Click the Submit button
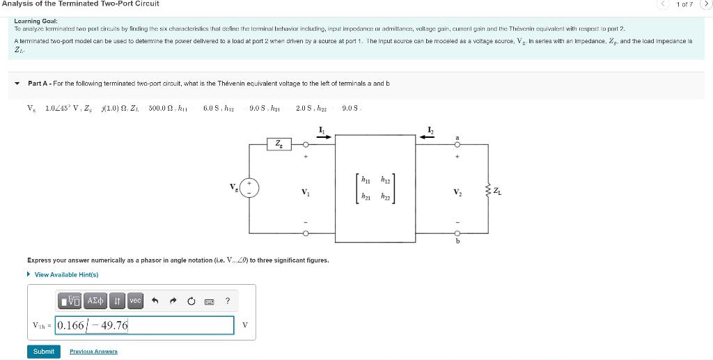(x=43, y=352)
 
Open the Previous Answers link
(x=93, y=352)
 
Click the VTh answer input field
(x=145, y=325)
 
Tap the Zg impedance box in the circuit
(x=279, y=144)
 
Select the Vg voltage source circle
(x=250, y=188)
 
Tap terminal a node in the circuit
(x=457, y=145)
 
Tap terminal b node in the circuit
(x=457, y=233)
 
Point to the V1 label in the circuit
(x=305, y=191)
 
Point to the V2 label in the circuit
(x=457, y=191)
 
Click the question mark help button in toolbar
(x=228, y=301)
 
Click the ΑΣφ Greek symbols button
(x=94, y=301)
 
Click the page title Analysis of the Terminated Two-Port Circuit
(x=80, y=4)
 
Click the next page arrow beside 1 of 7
(x=704, y=5)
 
